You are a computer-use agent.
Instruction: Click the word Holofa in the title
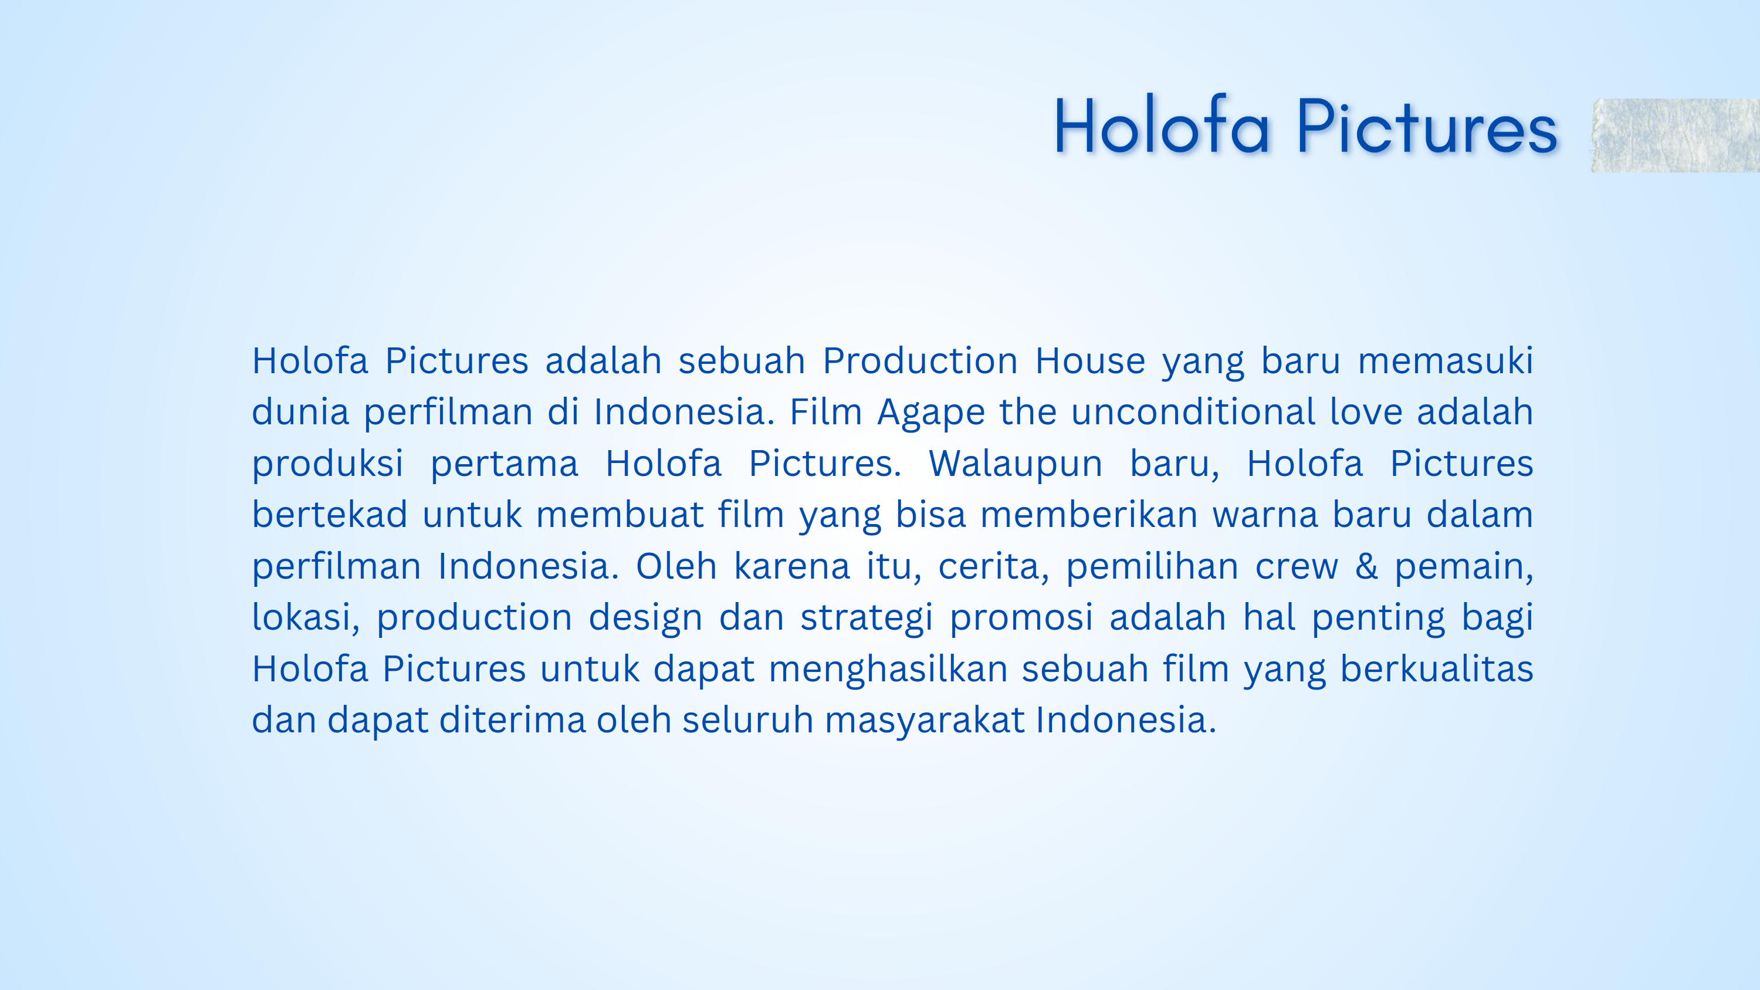pos(1162,126)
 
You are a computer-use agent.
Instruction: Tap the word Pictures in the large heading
pos(1427,126)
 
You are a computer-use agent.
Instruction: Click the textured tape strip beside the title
pos(1676,136)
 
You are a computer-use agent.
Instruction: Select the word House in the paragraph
pos(1090,361)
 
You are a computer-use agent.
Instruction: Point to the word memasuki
pos(1445,361)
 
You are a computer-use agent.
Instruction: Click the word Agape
pos(930,412)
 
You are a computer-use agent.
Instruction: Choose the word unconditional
pos(1192,412)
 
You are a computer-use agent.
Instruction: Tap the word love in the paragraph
pos(1365,412)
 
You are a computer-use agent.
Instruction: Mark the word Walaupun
pos(1016,463)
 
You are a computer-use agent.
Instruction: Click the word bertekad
pos(329,515)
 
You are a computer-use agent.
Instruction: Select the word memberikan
pos(1088,515)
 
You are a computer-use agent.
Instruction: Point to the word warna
pos(1265,515)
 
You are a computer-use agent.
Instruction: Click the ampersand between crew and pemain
pos(1366,566)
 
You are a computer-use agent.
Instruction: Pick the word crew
pos(1296,566)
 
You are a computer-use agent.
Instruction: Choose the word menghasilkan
pos(888,669)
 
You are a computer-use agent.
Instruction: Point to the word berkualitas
pos(1436,668)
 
